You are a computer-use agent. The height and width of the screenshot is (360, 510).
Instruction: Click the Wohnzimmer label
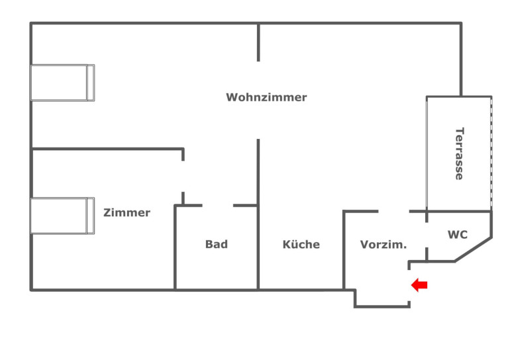(266, 97)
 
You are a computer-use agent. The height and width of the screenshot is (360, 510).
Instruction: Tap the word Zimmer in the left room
(127, 212)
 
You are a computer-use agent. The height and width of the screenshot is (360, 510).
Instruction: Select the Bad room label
(216, 244)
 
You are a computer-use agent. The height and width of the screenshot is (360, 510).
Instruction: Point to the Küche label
(301, 244)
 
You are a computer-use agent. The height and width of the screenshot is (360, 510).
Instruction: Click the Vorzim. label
(383, 244)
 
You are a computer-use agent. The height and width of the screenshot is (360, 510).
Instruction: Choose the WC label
(457, 234)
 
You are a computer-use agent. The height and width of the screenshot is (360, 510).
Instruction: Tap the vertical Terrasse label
(458, 153)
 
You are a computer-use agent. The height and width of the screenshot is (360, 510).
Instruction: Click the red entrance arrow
(419, 285)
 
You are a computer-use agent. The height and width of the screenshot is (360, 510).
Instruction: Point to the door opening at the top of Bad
(217, 206)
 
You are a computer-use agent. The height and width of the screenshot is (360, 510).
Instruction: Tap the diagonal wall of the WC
(473, 248)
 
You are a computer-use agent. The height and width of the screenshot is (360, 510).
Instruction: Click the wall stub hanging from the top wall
(258, 42)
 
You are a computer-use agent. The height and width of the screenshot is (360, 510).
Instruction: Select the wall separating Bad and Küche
(258, 248)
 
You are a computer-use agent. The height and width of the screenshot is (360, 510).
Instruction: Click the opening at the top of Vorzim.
(393, 211)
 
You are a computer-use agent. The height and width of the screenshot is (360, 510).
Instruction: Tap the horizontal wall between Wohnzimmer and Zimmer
(106, 150)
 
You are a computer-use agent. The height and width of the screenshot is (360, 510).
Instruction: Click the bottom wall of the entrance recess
(382, 306)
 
